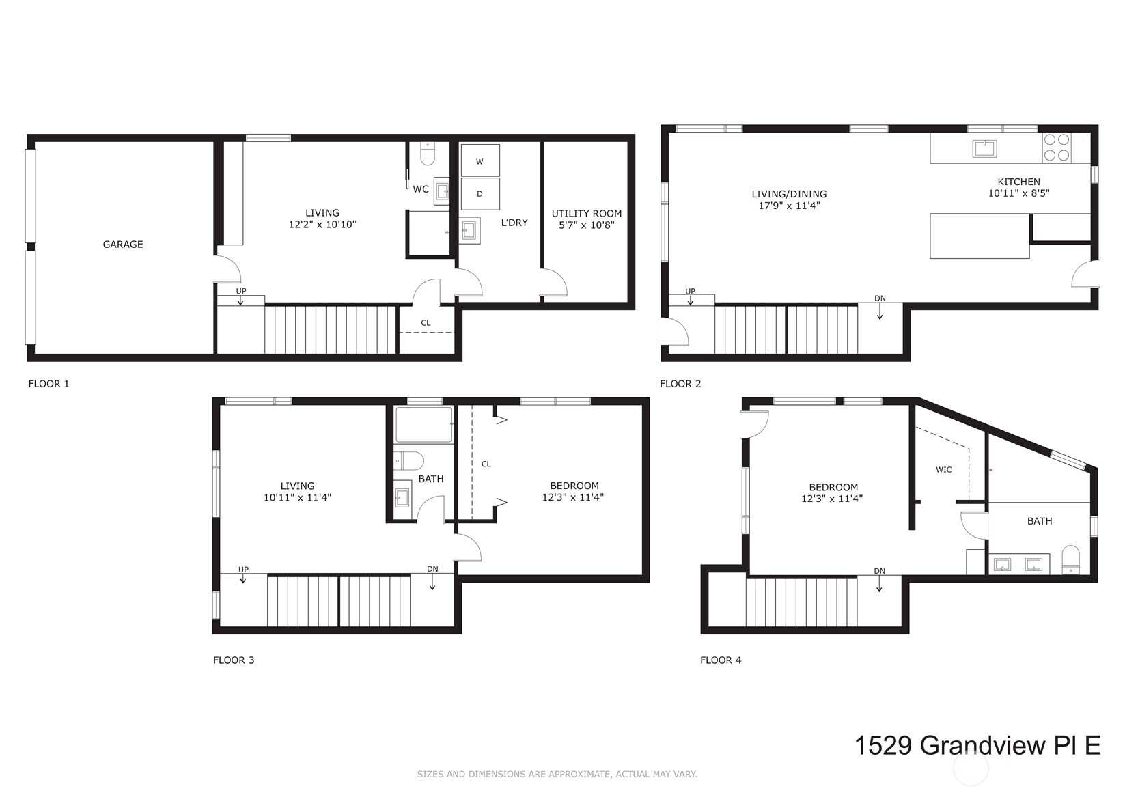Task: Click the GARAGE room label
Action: [x=123, y=244]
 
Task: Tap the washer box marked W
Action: [x=480, y=161]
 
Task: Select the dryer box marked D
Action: [x=480, y=194]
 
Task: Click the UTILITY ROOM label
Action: [x=587, y=213]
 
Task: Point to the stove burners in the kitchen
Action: [x=1056, y=148]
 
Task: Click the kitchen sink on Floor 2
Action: [x=984, y=148]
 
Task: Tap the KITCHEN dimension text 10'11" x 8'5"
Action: [x=1018, y=193]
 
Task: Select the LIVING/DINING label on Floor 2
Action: [x=789, y=194]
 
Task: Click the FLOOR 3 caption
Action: [x=234, y=660]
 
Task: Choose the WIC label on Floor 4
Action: [x=943, y=469]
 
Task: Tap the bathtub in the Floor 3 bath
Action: [x=423, y=424]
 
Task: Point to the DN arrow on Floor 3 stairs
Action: [x=432, y=580]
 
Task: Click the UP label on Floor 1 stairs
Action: [x=240, y=291]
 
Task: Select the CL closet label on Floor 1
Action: [x=426, y=323]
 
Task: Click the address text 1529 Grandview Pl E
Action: [x=977, y=745]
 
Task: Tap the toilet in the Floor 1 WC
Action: [x=427, y=154]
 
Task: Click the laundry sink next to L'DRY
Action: [x=469, y=229]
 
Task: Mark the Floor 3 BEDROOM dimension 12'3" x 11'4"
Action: [x=572, y=497]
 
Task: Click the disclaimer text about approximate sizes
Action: [x=557, y=774]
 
